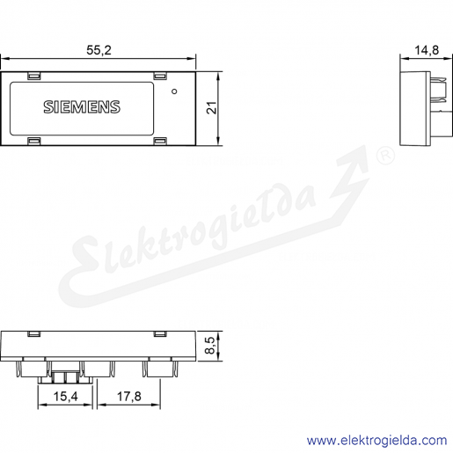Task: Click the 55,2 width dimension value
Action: point(99,50)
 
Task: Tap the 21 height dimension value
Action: point(212,107)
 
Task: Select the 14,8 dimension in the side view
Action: point(427,50)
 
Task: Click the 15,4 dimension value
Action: point(65,397)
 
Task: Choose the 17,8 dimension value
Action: point(129,397)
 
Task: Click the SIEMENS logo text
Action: point(82,107)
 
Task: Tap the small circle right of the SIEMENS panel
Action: point(174,91)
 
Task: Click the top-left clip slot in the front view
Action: point(34,76)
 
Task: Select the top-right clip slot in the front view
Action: point(160,76)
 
